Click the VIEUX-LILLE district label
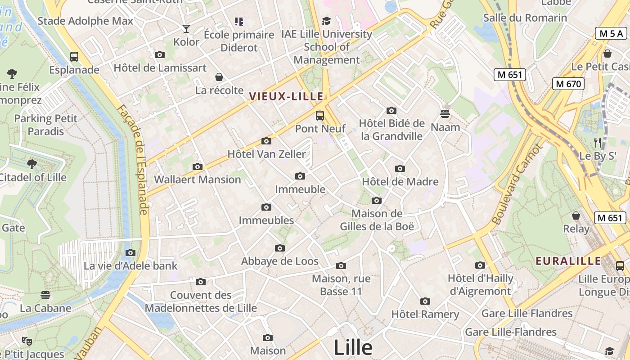point(286,96)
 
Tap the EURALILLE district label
point(568,261)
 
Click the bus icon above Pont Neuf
point(320,116)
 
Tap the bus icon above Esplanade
point(74,57)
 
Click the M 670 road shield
point(568,84)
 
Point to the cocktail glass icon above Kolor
point(186,29)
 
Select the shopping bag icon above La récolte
point(219,77)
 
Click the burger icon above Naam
point(445,114)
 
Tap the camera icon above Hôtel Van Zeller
point(266,141)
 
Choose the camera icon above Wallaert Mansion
point(197,167)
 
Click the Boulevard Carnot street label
point(517,184)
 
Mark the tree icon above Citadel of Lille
point(31,164)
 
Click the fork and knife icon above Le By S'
point(598,143)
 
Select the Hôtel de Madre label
point(400,182)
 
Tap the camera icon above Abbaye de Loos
point(280,248)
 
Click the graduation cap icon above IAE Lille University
point(326,21)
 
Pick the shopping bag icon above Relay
point(576,216)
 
